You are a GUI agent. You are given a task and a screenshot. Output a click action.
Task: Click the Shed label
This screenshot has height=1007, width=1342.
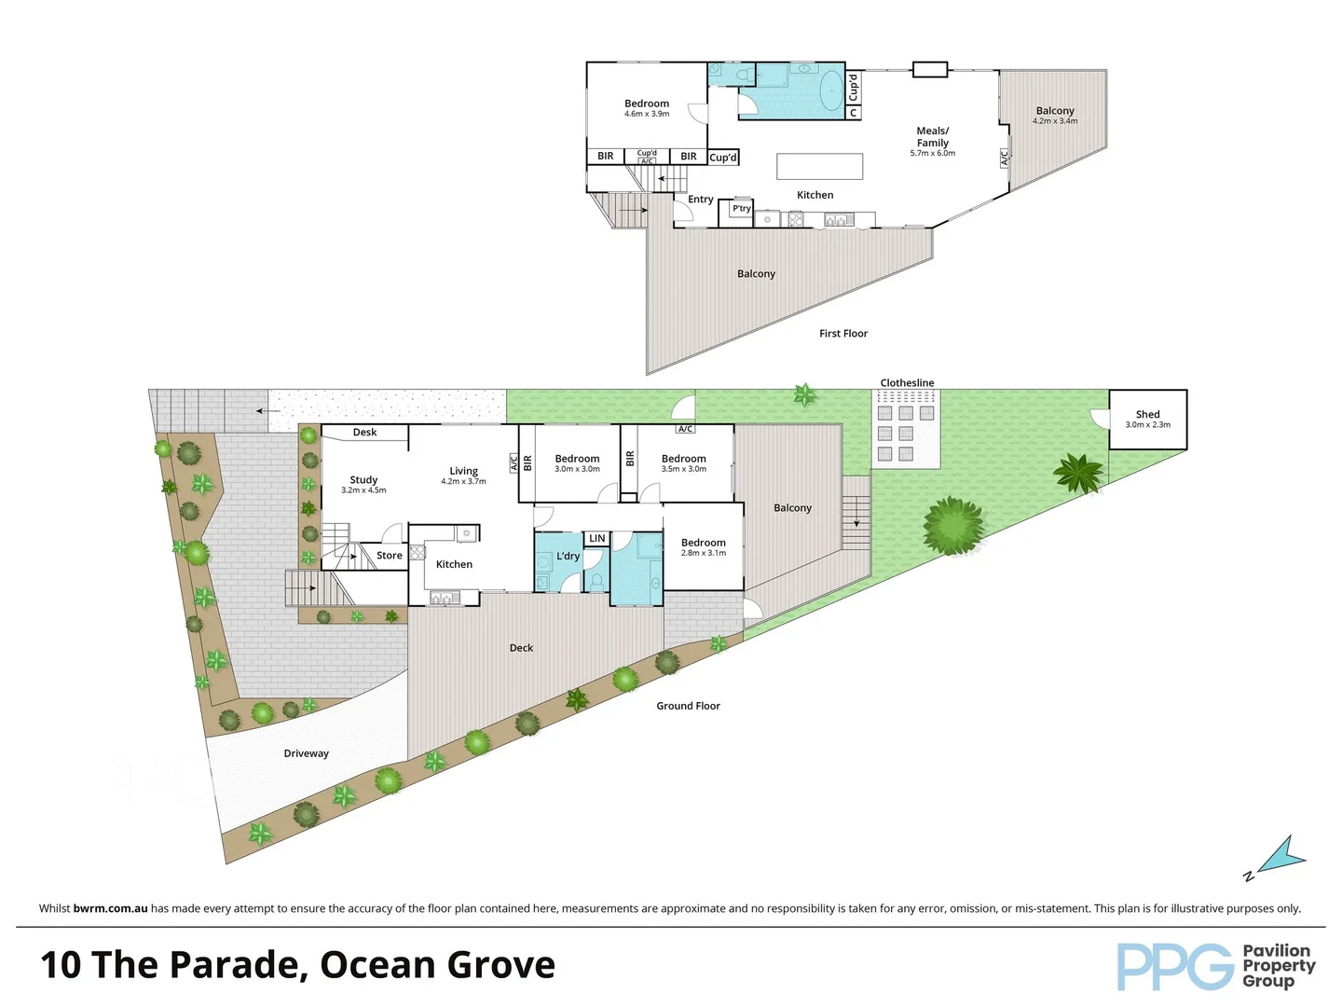point(1147,414)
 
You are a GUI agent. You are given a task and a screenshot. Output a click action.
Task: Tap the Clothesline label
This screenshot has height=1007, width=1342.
point(907,383)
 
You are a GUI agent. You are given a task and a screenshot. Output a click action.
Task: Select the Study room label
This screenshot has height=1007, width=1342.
point(363,479)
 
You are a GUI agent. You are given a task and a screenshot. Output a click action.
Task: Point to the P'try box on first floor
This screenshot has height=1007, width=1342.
point(742,210)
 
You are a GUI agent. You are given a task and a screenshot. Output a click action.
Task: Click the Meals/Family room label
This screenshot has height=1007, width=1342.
point(932,137)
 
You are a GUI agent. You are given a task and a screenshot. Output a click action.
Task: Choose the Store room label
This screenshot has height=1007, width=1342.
point(389,556)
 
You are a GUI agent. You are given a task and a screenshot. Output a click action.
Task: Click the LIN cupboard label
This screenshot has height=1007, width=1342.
point(596,539)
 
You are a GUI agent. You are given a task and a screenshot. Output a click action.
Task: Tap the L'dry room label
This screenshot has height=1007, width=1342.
point(568,557)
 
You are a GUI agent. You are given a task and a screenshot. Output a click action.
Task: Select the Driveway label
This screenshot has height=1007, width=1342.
point(306,753)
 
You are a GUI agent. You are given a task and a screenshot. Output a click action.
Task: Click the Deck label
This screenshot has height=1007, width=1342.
point(521,648)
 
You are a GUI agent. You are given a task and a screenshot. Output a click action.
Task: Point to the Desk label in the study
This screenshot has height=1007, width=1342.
point(364,433)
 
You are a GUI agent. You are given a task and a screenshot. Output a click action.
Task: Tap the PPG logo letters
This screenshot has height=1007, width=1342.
point(1174,967)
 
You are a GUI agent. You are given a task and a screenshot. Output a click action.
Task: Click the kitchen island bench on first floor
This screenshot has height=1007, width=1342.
point(819,166)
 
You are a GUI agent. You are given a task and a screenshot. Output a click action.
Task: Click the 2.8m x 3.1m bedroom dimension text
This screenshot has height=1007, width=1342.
point(703,553)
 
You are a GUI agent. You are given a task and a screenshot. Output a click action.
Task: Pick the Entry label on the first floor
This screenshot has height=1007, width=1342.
point(700,200)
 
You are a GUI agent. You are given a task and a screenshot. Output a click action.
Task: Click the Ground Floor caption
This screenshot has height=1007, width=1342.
point(688,706)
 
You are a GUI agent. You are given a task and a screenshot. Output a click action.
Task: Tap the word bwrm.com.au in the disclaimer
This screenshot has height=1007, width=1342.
point(110,908)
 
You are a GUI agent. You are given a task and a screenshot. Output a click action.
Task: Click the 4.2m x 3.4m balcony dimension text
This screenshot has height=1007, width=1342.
point(1054,121)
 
